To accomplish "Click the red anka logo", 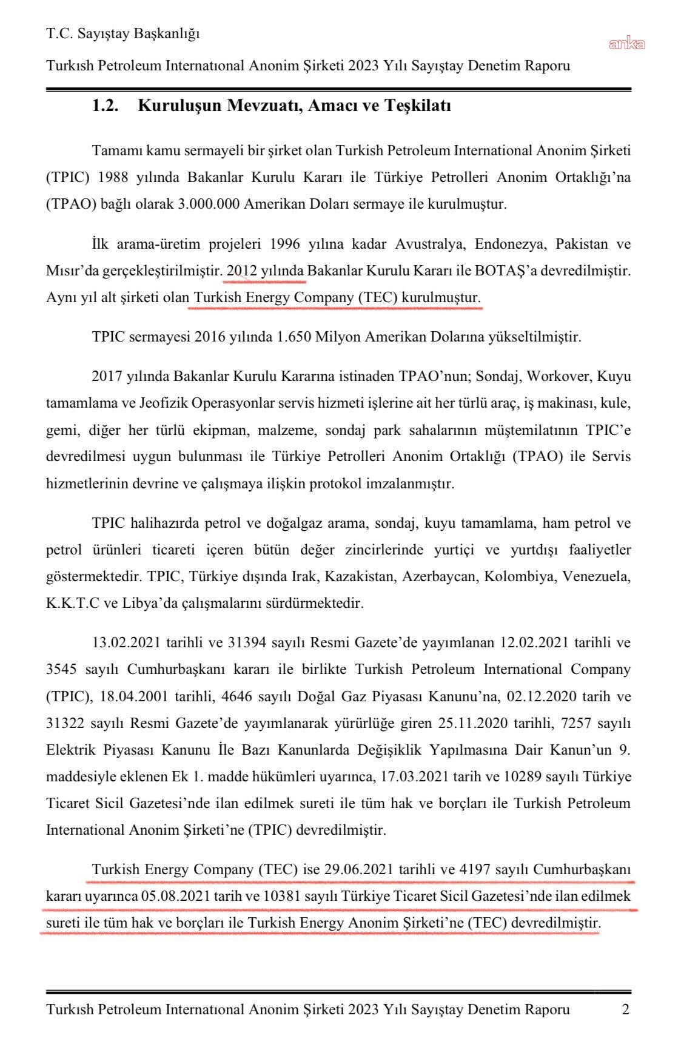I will pos(627,44).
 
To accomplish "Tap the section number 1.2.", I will pos(104,106).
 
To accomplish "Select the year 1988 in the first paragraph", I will pos(114,177).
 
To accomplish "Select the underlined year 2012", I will pos(241,271).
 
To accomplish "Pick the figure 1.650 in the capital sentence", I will pos(295,337).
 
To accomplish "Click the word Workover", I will pos(559,376).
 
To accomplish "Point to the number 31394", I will pos(249,642).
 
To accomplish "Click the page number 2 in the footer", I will pos(625,1009).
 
